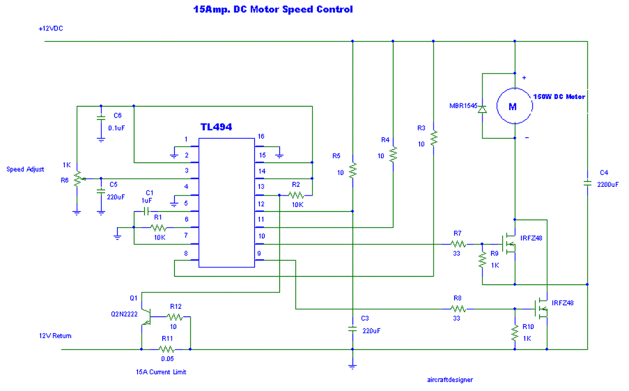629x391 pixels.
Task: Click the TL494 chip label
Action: coord(216,127)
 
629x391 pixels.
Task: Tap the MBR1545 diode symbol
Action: coord(482,109)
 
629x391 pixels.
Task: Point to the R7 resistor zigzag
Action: coord(457,243)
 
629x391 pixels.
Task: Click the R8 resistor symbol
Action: coord(457,309)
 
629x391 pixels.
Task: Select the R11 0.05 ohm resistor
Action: coord(166,349)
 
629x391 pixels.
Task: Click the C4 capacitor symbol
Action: coord(587,183)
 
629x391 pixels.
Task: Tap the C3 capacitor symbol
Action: coord(352,328)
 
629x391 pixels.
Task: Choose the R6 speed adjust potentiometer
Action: coord(77,179)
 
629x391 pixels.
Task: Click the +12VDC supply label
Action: coord(51,29)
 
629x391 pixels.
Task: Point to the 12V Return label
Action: coord(55,336)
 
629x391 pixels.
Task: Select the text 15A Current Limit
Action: coord(161,372)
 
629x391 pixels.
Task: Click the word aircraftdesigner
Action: coord(450,380)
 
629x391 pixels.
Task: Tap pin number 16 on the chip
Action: coord(261,136)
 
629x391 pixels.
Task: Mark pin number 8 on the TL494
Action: coord(186,253)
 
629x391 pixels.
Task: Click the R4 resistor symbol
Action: coord(393,154)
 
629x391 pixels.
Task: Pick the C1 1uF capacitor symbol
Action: coord(145,211)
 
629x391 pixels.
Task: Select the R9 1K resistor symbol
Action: coord(482,260)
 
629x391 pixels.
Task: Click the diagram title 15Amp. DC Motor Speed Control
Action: coord(273,9)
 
